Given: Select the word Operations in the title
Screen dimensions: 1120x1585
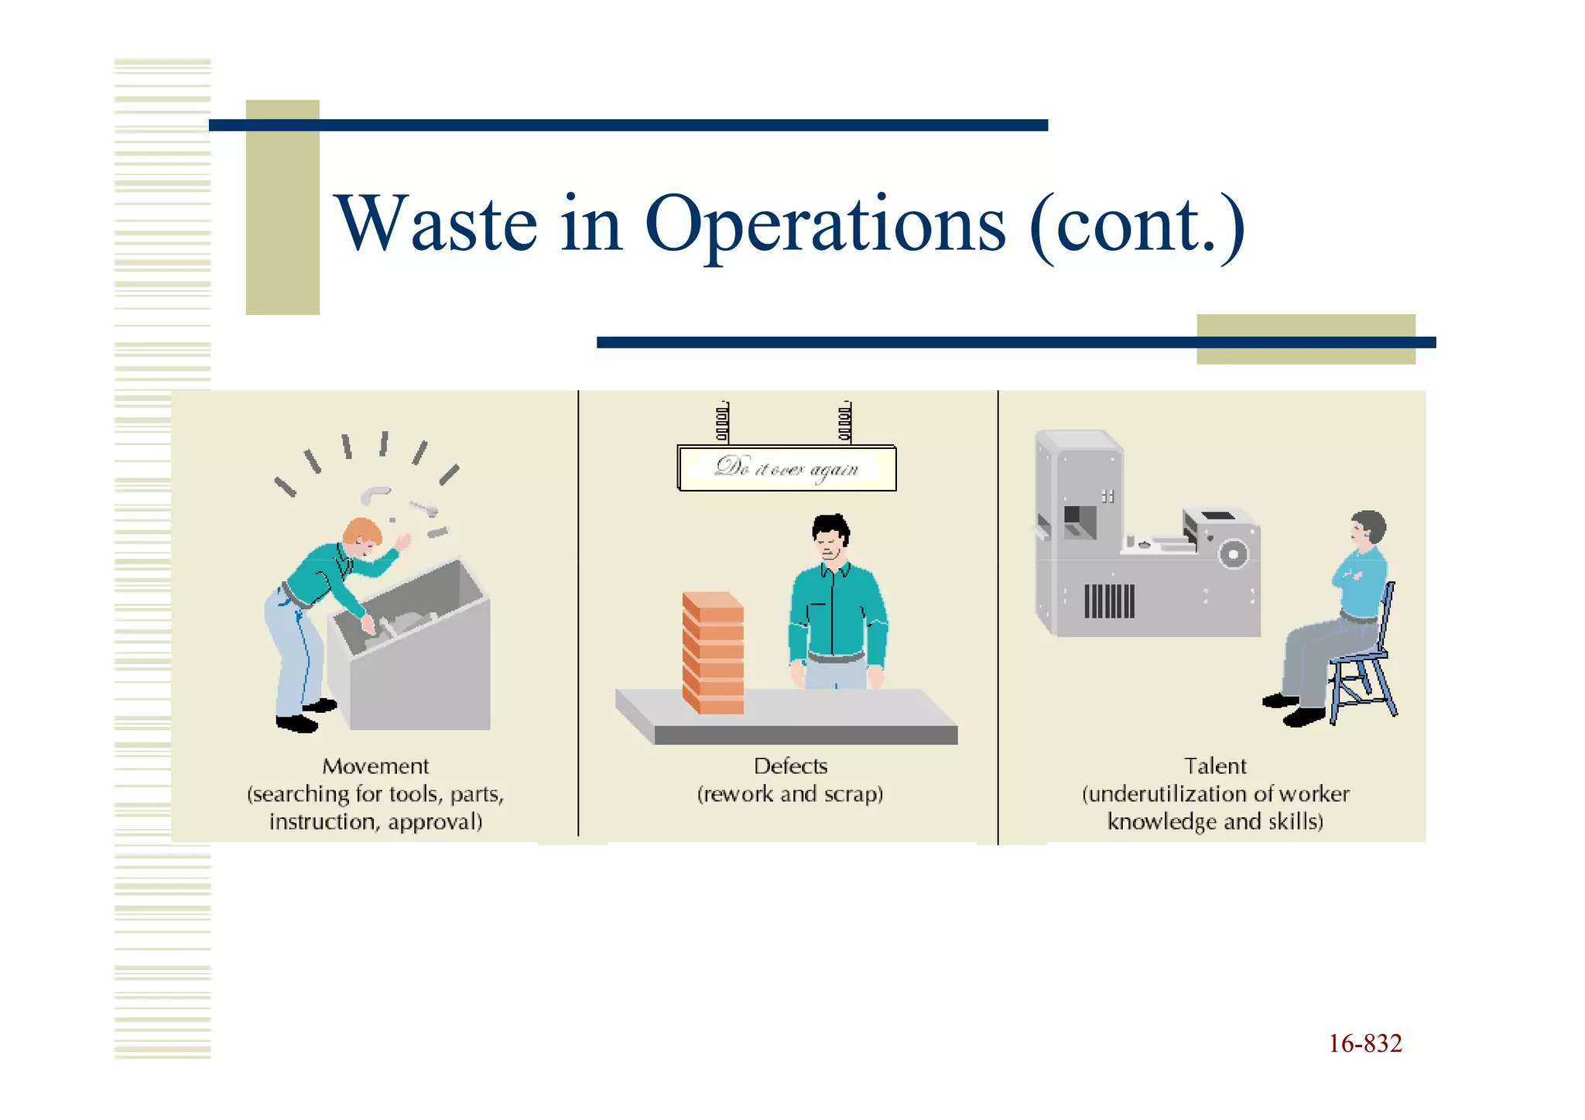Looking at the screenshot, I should [825, 226].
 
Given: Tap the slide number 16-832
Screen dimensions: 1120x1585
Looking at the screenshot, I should [1364, 1043].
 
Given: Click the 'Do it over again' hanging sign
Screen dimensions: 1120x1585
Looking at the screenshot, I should [786, 468].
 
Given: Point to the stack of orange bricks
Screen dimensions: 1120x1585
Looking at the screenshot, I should [713, 652].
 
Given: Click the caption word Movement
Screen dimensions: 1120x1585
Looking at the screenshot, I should [375, 766].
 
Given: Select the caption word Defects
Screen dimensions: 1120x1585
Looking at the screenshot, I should [790, 766].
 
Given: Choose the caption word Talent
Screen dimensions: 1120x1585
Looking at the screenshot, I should [1215, 766].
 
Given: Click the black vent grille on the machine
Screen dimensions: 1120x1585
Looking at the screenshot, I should [1108, 601].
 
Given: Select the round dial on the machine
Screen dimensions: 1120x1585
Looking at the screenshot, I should [1233, 554].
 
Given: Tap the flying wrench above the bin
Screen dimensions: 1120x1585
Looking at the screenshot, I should [424, 508].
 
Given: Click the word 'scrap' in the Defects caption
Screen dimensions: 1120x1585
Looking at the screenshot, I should [853, 794].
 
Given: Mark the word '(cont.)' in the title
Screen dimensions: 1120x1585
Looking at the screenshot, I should [1138, 226].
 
